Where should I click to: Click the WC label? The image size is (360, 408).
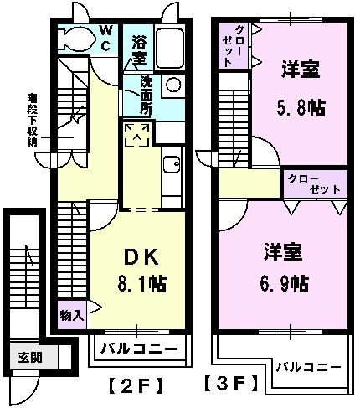click(108, 37)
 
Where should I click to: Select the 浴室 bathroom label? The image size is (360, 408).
click(138, 49)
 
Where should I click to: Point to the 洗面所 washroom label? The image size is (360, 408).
click(146, 95)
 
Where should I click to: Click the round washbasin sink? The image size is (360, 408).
click(172, 85)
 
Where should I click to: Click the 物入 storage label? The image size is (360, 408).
click(71, 315)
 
